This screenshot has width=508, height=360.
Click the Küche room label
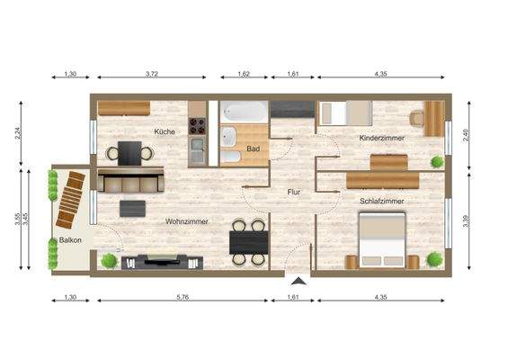(164, 131)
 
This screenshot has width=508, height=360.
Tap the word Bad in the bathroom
(254, 148)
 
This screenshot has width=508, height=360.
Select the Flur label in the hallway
(294, 192)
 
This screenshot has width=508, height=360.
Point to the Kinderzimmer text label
(381, 138)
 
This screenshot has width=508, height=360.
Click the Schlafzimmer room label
(381, 202)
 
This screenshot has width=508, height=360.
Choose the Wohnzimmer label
(187, 220)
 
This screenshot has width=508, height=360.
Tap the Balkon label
(71, 240)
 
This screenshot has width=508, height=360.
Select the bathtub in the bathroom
(245, 112)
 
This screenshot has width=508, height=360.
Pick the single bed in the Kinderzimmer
(345, 113)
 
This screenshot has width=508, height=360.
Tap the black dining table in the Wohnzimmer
(248, 241)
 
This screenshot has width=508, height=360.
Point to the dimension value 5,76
(183, 297)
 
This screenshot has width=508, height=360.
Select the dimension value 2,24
(19, 135)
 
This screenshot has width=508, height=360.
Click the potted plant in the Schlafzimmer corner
(435, 259)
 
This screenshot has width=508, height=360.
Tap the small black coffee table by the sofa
(133, 208)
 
